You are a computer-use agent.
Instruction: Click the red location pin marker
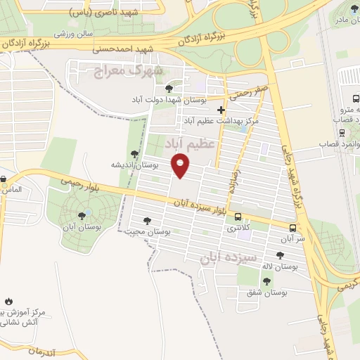coord(181,165)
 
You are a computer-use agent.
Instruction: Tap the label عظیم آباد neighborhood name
coord(188,143)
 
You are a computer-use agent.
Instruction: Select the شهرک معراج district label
coord(127,71)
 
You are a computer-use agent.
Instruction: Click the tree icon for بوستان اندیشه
coord(134,154)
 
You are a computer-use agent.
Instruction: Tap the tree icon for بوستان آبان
coord(83,216)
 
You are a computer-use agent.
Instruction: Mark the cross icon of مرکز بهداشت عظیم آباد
coord(221,110)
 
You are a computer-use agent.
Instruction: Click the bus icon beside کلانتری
coord(238,217)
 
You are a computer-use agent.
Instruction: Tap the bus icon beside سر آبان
coord(293,228)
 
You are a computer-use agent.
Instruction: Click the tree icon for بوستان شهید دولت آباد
coord(169,88)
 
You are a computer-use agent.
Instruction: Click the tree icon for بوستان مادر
coord(352,8)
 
